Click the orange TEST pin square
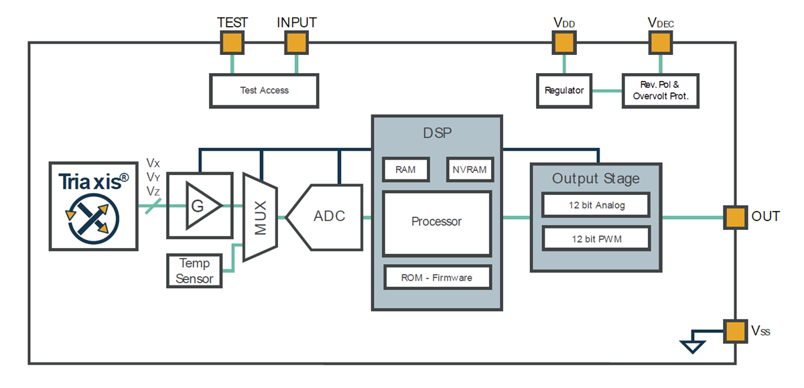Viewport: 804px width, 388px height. tap(232, 44)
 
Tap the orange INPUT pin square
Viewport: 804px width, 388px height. tap(295, 44)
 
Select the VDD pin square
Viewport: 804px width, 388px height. tap(563, 44)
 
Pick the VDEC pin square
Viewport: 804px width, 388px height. tap(660, 44)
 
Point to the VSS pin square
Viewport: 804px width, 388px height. tap(735, 331)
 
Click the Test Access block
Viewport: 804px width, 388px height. tap(264, 90)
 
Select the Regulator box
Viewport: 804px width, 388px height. tap(564, 90)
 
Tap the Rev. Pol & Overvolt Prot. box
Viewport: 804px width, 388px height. tap(660, 90)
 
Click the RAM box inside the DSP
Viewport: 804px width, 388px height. tap(405, 170)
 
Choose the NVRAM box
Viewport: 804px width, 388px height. tap(469, 170)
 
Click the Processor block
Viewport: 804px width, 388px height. tap(437, 222)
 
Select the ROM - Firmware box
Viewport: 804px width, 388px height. tap(437, 277)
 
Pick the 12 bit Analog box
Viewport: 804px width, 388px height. tap(596, 205)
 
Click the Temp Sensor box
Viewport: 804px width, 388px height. tap(195, 271)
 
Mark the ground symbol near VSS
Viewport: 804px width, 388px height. tap(691, 345)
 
